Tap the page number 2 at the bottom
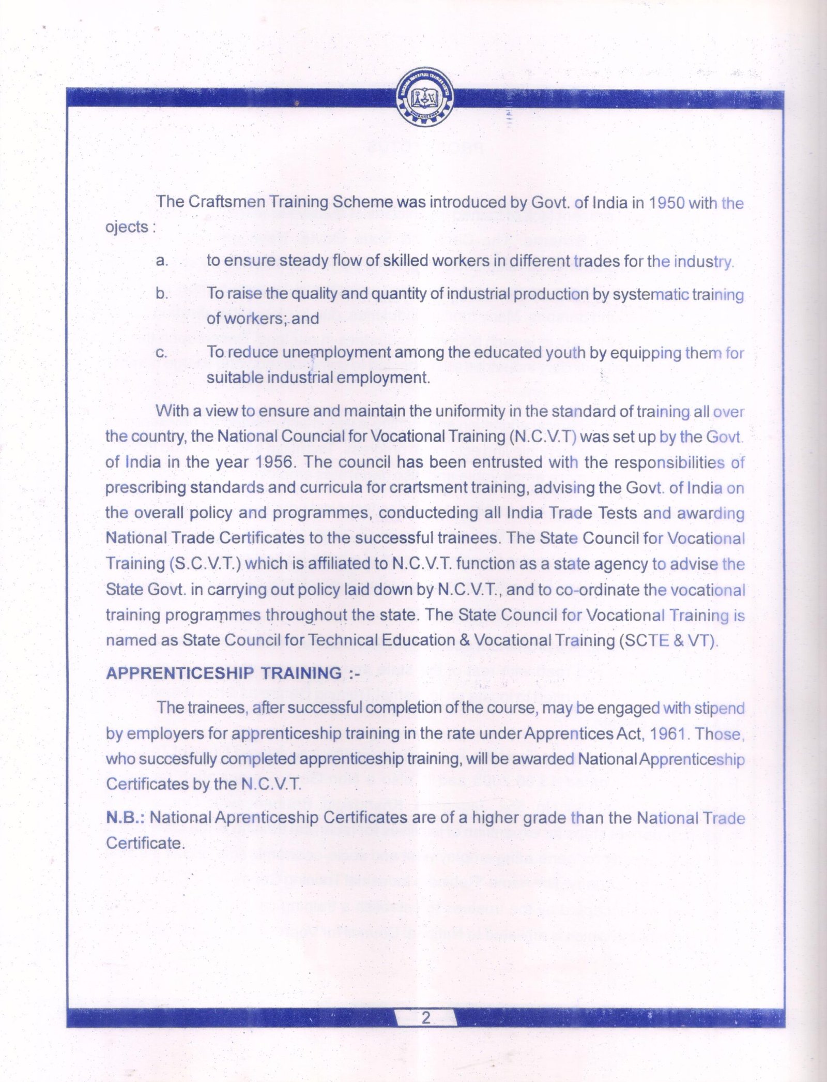pyautogui.click(x=426, y=1018)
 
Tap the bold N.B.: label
pyautogui.click(x=125, y=818)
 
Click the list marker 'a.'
pyautogui.click(x=162, y=261)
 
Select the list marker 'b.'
pyautogui.click(x=162, y=294)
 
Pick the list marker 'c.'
pyautogui.click(x=161, y=353)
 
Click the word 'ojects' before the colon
pyautogui.click(x=127, y=227)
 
